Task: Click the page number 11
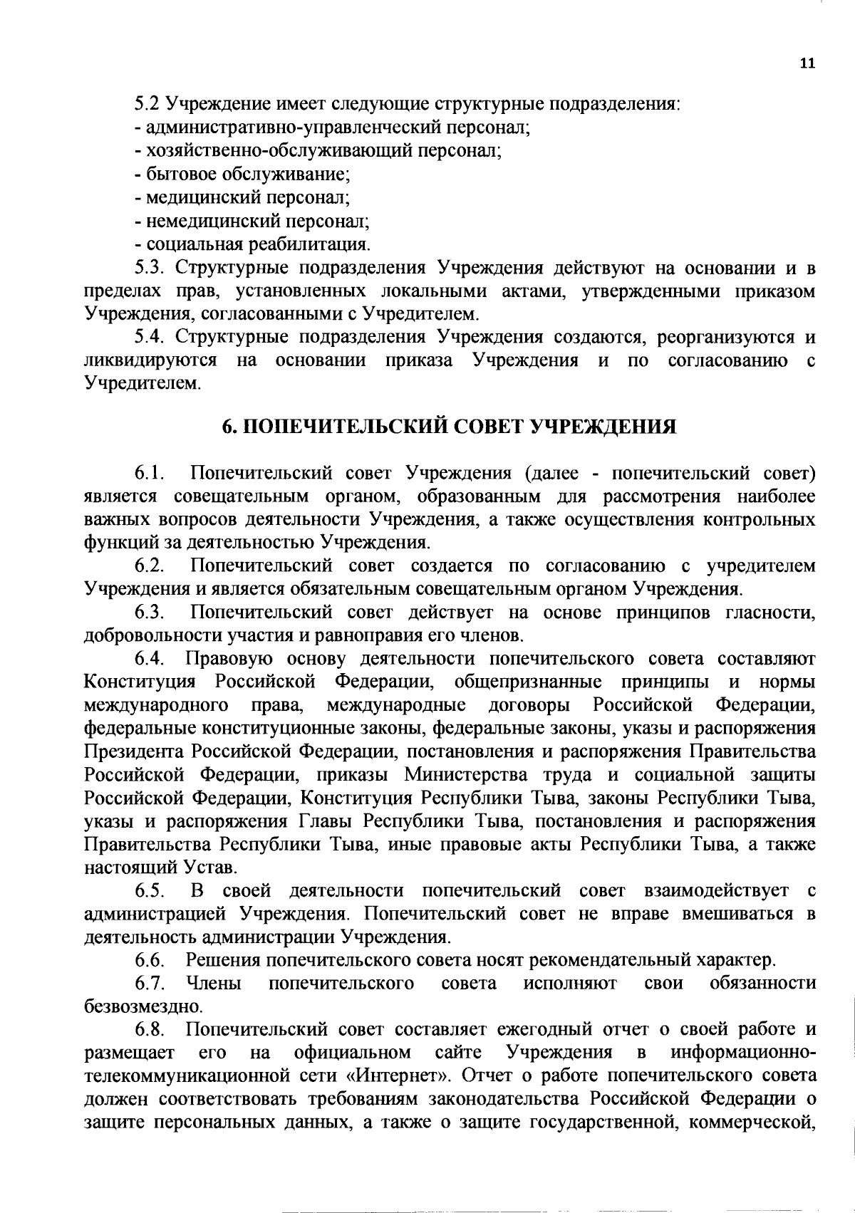[x=806, y=63]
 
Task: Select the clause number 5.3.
[x=150, y=269]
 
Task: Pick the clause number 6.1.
[x=150, y=474]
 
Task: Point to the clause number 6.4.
[x=150, y=659]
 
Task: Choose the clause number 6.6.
[x=150, y=960]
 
